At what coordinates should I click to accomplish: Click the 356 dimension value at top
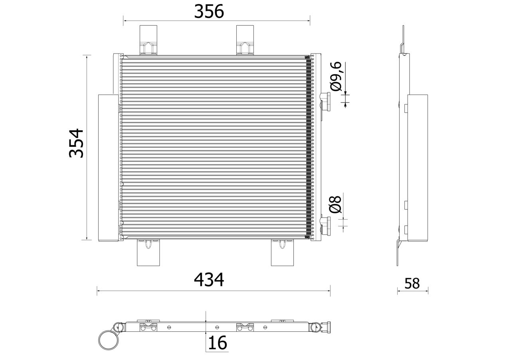[x=209, y=12]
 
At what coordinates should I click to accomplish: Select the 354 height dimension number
[x=76, y=143]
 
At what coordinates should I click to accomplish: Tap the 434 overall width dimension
[x=209, y=280]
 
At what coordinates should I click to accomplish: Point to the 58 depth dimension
[x=412, y=283]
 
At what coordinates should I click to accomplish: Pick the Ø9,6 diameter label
[x=335, y=76]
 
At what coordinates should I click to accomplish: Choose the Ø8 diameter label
[x=335, y=204]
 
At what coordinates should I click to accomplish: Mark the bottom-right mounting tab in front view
[x=282, y=253]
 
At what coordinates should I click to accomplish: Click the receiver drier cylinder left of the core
[x=108, y=168]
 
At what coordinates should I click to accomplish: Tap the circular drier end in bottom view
[x=109, y=340]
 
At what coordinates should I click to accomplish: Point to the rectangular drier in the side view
[x=417, y=168]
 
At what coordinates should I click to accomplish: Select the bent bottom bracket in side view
[x=399, y=251]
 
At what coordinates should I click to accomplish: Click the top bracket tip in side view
[x=403, y=34]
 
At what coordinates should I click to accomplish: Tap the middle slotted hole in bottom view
[x=216, y=327]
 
